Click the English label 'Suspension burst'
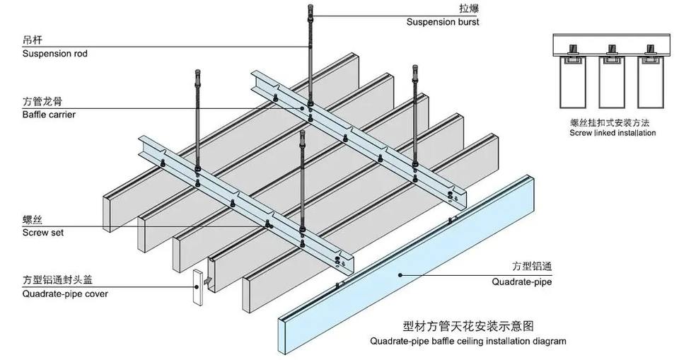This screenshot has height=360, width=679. tap(443, 22)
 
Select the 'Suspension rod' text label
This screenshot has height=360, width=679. tap(55, 54)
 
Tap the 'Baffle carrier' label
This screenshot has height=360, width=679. tap(49, 115)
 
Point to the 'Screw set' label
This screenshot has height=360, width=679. tap(43, 233)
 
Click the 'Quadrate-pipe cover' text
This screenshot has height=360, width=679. tap(65, 294)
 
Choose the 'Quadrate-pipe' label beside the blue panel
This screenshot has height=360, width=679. tap(522, 282)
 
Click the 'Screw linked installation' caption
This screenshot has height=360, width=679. tap(613, 133)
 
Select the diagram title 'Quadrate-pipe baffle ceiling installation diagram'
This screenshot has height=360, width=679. tap(468, 342)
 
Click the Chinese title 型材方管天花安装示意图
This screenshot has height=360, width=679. tap(468, 326)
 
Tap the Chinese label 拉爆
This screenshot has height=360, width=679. tap(470, 8)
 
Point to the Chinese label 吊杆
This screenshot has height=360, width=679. tap(33, 40)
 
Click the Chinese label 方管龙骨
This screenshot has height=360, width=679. tap(42, 101)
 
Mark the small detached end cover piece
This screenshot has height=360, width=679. tap(198, 287)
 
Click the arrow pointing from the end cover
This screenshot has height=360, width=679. tap(208, 281)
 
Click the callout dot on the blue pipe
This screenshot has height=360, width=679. tap(400, 274)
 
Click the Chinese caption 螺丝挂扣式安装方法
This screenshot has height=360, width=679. tap(610, 122)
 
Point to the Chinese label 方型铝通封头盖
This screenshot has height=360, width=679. tap(57, 280)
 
